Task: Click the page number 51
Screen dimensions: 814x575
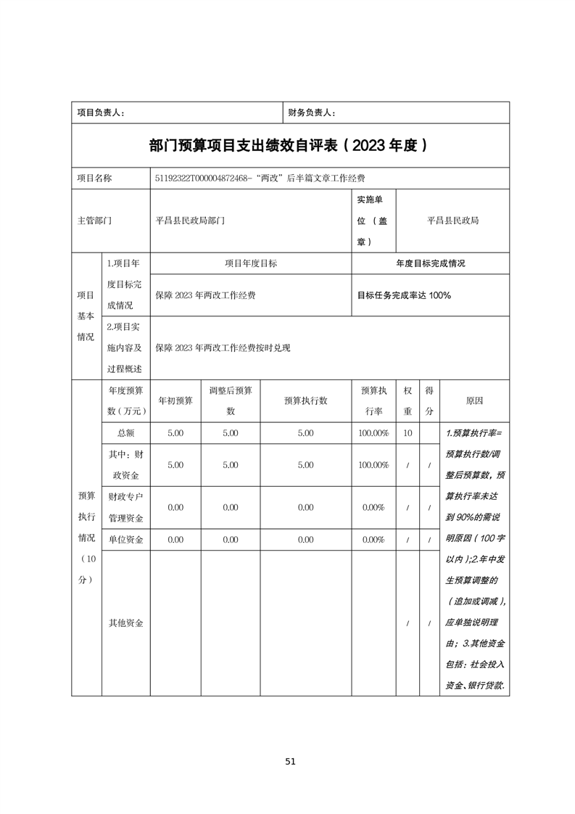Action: (x=290, y=761)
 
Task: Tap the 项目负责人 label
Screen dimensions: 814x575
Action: (x=101, y=112)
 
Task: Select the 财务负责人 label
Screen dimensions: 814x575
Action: (x=311, y=112)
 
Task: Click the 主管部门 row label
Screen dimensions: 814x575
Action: (x=95, y=221)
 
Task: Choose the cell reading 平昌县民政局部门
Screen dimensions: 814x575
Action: (x=190, y=221)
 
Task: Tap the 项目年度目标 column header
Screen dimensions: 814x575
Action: (x=250, y=263)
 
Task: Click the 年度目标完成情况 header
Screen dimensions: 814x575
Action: (x=430, y=263)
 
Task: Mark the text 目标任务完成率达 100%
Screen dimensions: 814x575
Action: (x=404, y=295)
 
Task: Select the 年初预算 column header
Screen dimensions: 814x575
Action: (x=175, y=400)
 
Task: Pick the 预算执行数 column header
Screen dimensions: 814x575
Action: (x=305, y=400)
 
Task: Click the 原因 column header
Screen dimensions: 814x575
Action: (x=474, y=400)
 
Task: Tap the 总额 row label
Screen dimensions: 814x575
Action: (x=125, y=433)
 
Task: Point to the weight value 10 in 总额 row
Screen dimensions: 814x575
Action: (x=408, y=433)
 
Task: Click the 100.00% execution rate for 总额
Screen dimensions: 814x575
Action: (x=373, y=433)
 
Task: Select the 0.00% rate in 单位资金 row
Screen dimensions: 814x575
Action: (x=373, y=540)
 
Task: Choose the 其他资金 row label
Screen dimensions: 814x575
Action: (x=125, y=623)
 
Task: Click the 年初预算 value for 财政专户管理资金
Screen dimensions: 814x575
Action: (x=175, y=508)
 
